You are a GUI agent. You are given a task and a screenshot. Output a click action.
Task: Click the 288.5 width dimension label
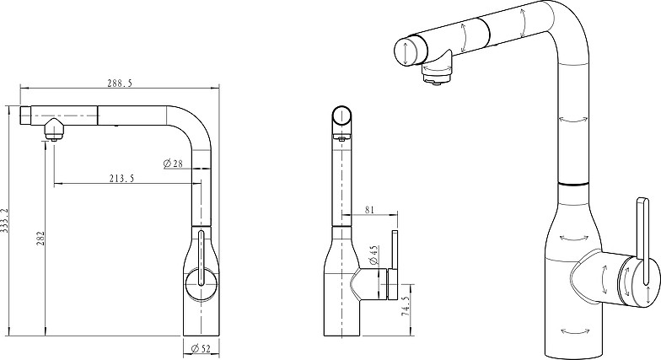pyautogui.click(x=120, y=83)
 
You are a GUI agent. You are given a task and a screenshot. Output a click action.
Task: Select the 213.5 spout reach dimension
pyautogui.click(x=121, y=179)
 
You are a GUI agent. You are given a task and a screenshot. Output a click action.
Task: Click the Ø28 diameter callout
pyautogui.click(x=173, y=164)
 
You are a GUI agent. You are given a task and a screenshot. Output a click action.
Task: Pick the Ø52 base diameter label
pyautogui.click(x=201, y=348)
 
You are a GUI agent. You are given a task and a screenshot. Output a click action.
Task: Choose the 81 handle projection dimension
pyautogui.click(x=369, y=209)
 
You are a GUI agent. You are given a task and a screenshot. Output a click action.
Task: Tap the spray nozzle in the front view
pyautogui.click(x=53, y=129)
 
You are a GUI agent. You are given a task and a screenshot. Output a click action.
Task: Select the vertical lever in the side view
pyautogui.click(x=395, y=265)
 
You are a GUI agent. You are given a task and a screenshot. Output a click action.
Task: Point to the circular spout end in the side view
pyautogui.click(x=342, y=116)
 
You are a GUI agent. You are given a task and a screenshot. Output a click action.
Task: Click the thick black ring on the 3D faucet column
pyautogui.click(x=572, y=184)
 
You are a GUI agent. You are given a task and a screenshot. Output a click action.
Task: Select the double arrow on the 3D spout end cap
pyautogui.click(x=405, y=51)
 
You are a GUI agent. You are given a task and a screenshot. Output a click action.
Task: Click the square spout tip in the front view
pyautogui.click(x=25, y=116)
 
